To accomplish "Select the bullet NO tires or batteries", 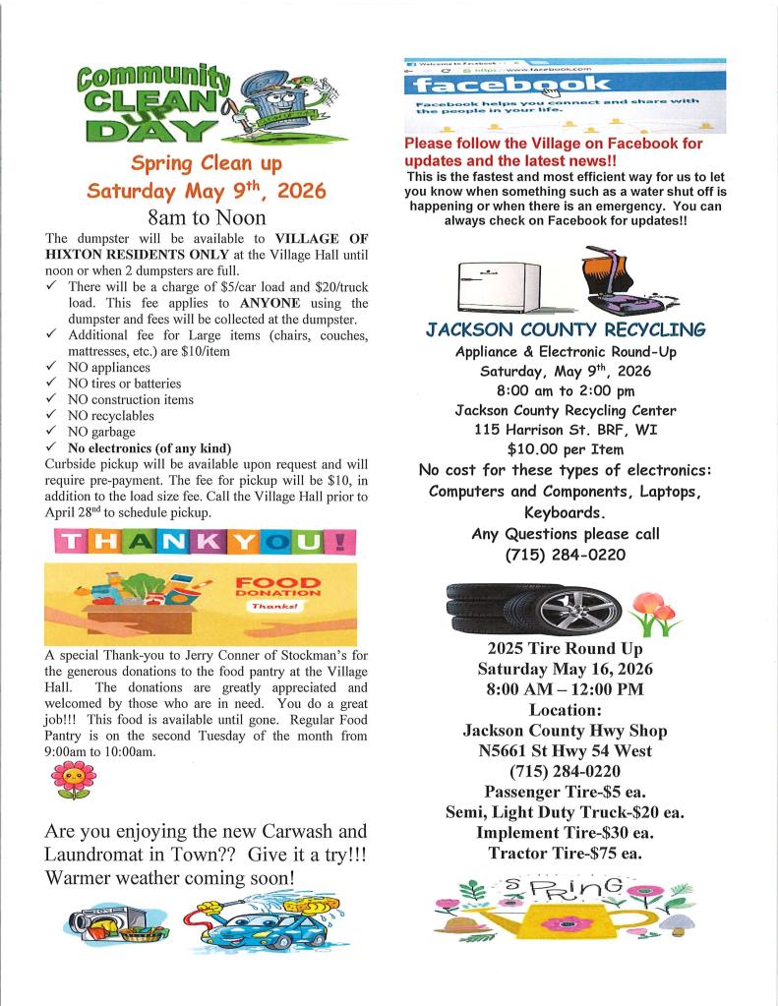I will point(124,384).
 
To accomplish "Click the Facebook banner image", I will point(565,95).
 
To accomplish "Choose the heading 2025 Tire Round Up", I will point(565,649).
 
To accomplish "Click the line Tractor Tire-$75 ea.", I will point(565,853).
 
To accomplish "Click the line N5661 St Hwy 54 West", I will point(565,751).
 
